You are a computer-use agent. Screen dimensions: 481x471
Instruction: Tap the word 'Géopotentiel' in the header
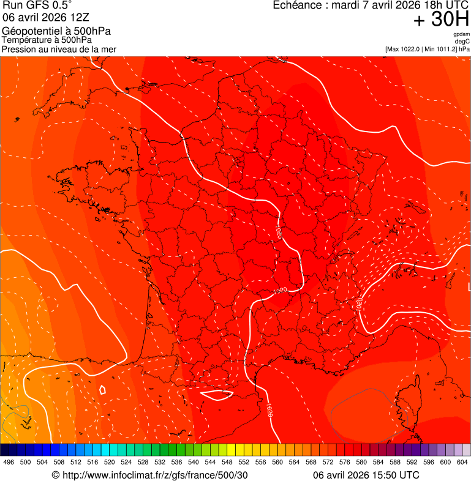(28, 32)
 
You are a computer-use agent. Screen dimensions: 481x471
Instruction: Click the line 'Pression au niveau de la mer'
(59, 49)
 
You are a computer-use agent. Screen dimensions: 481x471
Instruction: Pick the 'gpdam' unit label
(461, 34)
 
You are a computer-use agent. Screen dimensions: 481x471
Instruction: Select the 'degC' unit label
(462, 41)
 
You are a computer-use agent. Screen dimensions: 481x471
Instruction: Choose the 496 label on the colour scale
(9, 463)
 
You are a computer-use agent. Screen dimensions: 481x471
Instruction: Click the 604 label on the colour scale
(462, 463)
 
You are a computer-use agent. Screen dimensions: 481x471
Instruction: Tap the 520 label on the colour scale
(110, 463)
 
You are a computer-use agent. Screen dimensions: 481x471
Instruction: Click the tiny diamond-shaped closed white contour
(102, 389)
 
